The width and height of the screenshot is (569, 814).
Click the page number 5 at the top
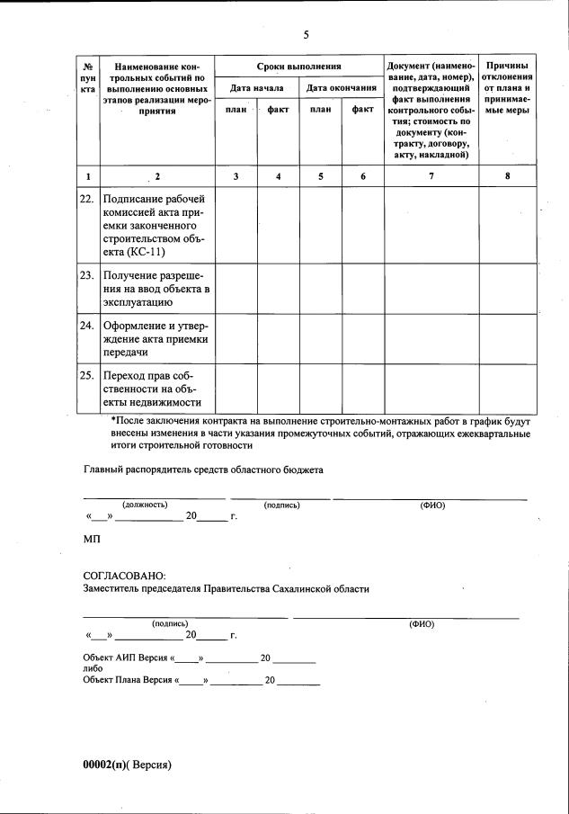306,35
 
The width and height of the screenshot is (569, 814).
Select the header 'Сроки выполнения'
299,67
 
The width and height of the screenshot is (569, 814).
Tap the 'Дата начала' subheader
257,88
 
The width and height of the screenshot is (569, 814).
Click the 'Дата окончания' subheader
342,88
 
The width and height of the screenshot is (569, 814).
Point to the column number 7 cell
431,176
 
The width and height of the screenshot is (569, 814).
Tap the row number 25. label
87,374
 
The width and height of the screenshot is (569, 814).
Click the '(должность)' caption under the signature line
145,505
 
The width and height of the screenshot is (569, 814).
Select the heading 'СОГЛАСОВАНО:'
124,575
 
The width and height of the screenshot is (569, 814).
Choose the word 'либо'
92,669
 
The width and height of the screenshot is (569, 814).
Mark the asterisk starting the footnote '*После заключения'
112,421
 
